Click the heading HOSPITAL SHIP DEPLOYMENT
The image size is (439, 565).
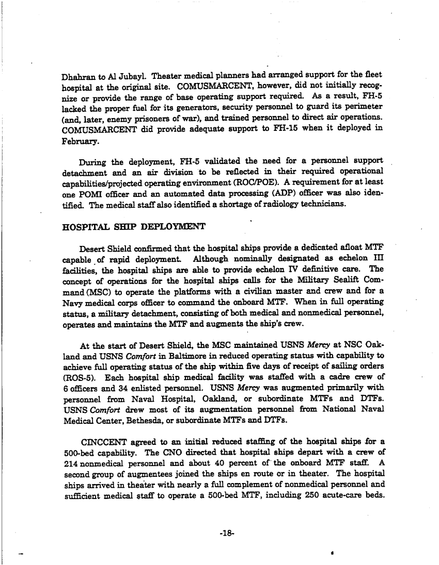[134, 226]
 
